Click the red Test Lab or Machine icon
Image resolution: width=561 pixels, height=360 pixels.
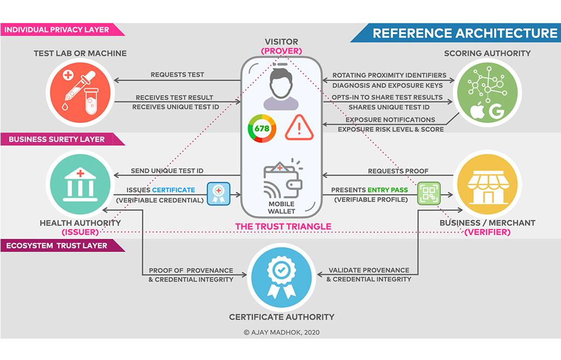(80, 92)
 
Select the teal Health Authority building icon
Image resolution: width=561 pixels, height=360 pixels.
(80, 183)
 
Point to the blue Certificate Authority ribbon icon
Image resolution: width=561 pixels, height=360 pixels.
(280, 279)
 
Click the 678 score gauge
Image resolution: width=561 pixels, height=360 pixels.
(262, 128)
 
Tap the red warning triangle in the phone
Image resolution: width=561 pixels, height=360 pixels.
(300, 128)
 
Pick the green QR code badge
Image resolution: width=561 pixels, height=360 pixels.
(429, 193)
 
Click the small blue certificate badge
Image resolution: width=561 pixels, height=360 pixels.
(217, 193)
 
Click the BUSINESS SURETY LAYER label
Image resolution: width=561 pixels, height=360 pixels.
(56, 139)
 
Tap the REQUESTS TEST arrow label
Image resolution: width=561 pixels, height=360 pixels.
(177, 75)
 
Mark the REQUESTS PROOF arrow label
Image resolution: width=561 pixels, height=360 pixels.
(390, 171)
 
